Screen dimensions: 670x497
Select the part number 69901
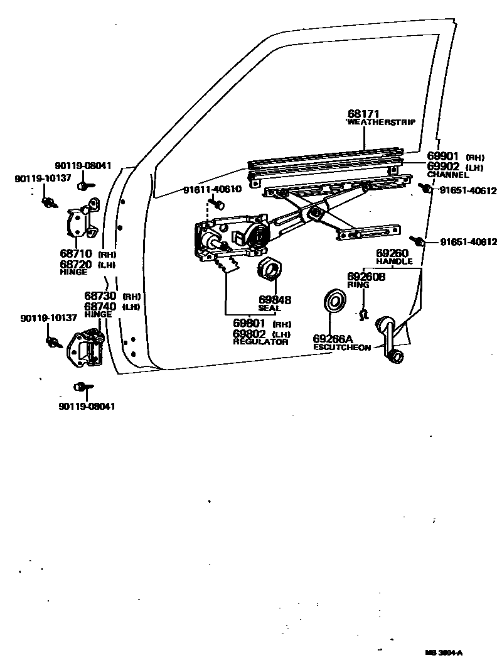[444, 157]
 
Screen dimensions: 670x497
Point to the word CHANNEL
[448, 175]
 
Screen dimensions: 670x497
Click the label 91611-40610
[212, 189]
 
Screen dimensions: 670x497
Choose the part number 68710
[76, 255]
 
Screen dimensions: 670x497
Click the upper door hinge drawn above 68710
[82, 221]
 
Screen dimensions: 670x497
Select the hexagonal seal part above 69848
[270, 269]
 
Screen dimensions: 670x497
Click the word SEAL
[270, 309]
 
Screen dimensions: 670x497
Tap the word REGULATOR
[260, 342]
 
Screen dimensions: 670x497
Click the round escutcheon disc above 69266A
[334, 301]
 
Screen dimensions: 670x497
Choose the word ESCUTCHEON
[341, 347]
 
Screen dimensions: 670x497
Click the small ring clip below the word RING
[363, 312]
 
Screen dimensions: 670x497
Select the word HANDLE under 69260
[395, 261]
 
